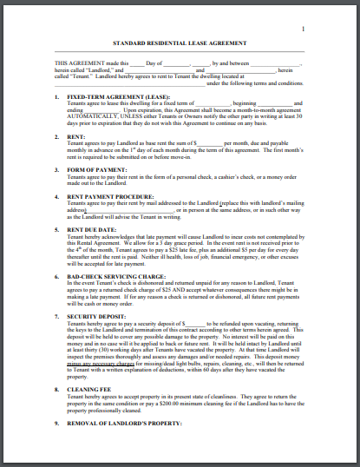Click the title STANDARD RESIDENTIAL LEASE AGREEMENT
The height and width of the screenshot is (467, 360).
[x=180, y=43]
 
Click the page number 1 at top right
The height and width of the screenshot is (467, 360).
[x=303, y=29]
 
